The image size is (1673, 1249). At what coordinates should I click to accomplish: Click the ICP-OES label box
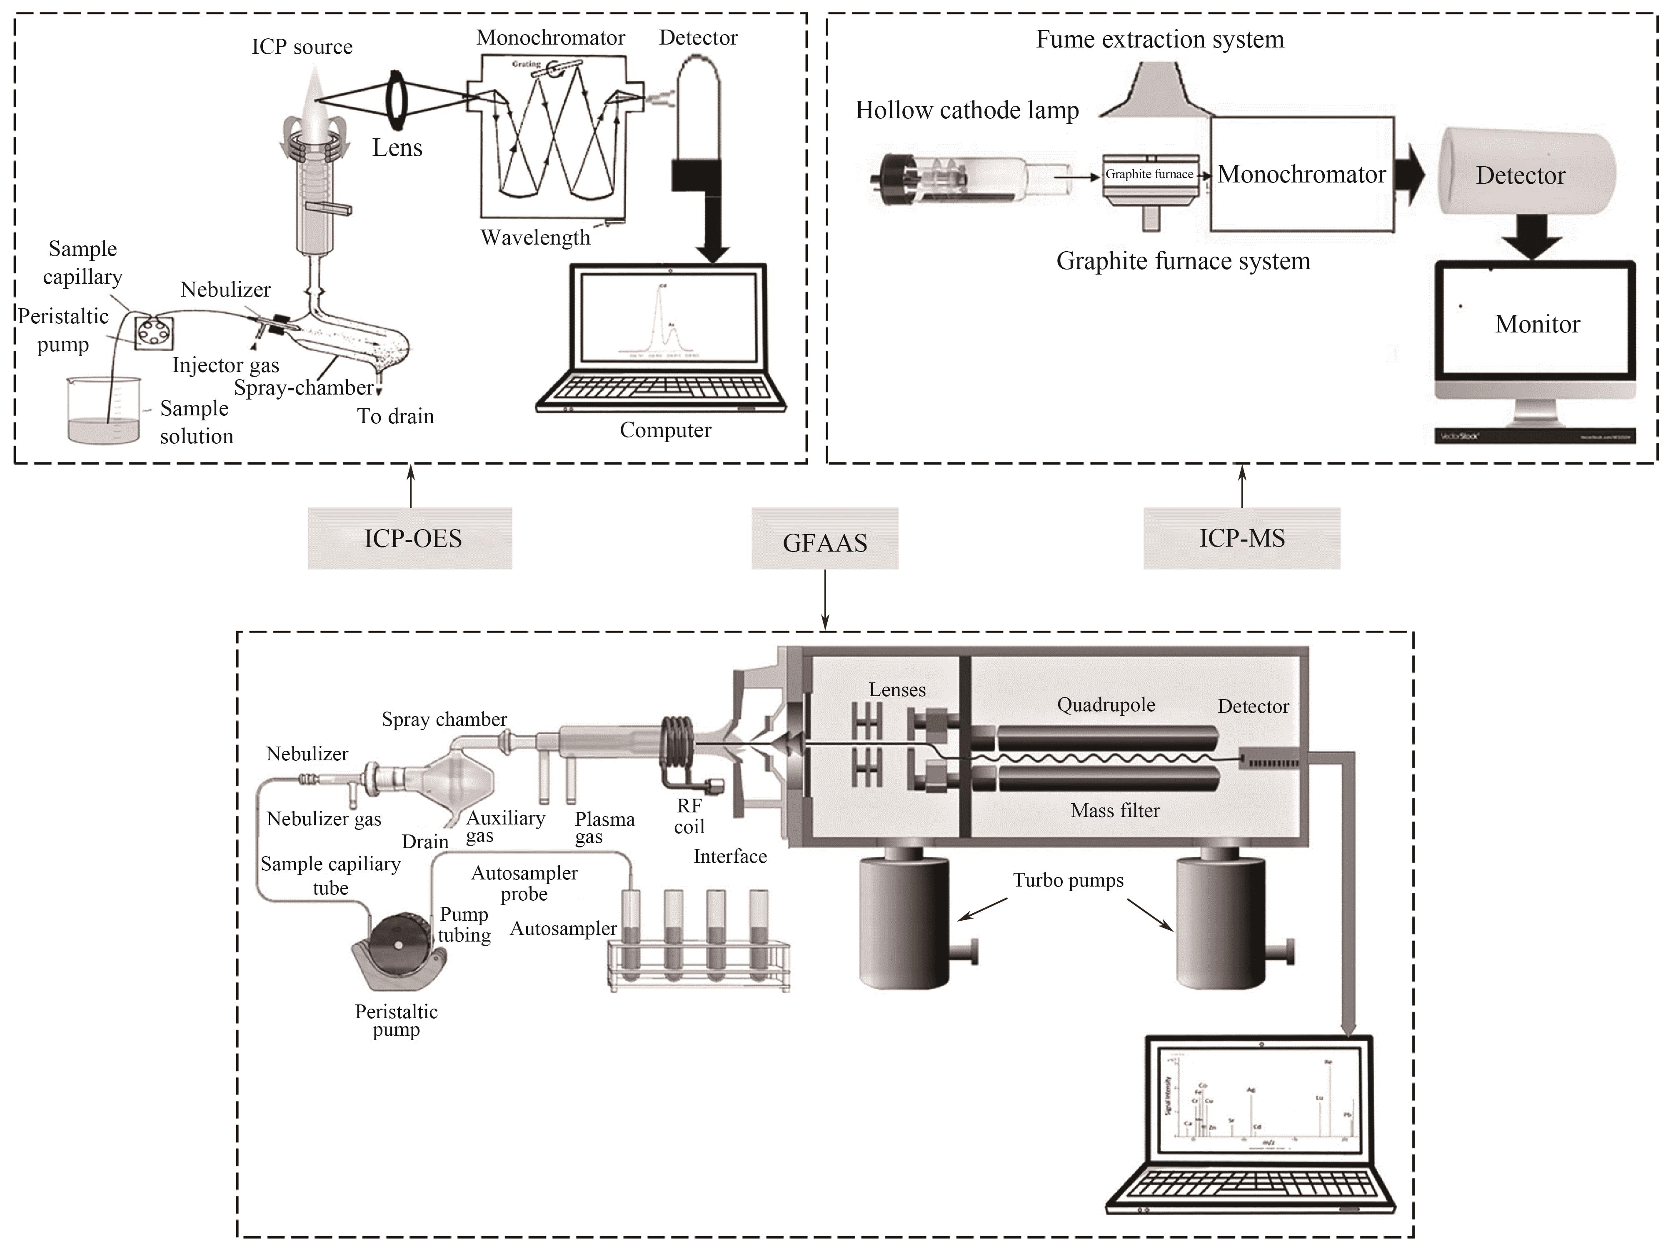click(x=410, y=538)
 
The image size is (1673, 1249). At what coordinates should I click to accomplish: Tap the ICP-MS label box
click(x=1241, y=538)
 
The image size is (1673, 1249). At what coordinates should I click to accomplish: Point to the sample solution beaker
click(x=104, y=410)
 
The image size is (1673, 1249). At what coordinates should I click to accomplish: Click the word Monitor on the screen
click(x=1537, y=325)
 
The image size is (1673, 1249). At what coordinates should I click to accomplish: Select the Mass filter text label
click(x=1115, y=810)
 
